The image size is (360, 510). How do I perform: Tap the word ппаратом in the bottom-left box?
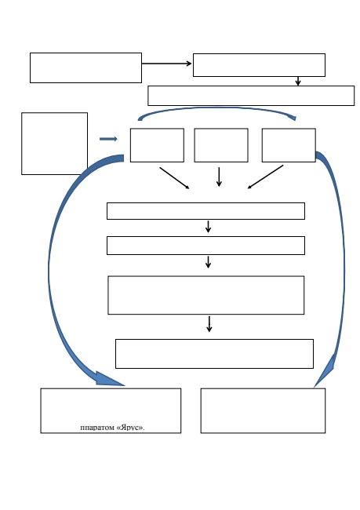[97, 428]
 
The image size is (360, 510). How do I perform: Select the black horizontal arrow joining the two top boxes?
[166, 64]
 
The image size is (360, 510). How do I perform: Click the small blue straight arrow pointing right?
[108, 139]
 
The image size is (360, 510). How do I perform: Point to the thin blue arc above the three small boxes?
[216, 109]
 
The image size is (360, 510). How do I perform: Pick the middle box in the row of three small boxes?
[221, 145]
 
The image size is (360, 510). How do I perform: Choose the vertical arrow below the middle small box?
[219, 177]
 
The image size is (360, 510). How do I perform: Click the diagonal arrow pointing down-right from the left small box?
[174, 178]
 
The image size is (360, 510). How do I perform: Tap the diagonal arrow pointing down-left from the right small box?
[265, 177]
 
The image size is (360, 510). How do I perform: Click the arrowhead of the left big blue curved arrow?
[109, 379]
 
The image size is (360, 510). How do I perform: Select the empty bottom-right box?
[263, 410]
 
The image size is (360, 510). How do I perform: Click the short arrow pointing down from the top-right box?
[298, 81]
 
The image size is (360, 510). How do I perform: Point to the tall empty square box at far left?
[54, 144]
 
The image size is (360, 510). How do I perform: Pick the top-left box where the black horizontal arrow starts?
[85, 67]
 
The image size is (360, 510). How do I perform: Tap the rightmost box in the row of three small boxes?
[289, 145]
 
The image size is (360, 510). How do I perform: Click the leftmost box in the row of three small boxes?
[157, 145]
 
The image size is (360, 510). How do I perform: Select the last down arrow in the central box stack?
[209, 324]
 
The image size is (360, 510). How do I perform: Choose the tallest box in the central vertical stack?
[205, 295]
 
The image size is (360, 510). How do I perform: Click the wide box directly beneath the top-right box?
[251, 96]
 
